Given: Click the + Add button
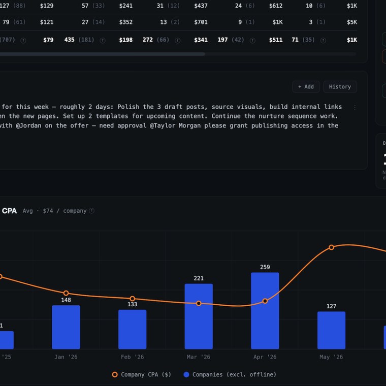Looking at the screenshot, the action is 306,87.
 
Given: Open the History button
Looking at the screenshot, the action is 340,87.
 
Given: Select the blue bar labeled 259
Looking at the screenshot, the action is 265,311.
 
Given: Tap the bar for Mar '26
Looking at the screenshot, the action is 199,316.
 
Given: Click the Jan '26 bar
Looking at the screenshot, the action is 66,327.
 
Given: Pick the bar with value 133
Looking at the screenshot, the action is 133,330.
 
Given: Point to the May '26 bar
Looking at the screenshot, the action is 331,330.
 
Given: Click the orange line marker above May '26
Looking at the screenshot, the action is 331,247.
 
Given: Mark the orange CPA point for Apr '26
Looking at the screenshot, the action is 265,301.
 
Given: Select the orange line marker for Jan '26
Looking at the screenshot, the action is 66,293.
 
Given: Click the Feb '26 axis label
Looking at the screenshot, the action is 133,357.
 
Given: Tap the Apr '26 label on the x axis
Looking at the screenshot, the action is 265,357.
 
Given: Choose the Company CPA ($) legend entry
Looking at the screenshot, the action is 141,374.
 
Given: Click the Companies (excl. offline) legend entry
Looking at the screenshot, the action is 230,374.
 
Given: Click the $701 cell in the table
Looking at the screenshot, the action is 201,22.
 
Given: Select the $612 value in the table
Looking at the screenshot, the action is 276,6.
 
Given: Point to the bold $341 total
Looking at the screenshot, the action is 201,40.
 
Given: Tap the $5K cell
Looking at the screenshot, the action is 352,22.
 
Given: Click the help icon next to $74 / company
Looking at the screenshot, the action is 91,211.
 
